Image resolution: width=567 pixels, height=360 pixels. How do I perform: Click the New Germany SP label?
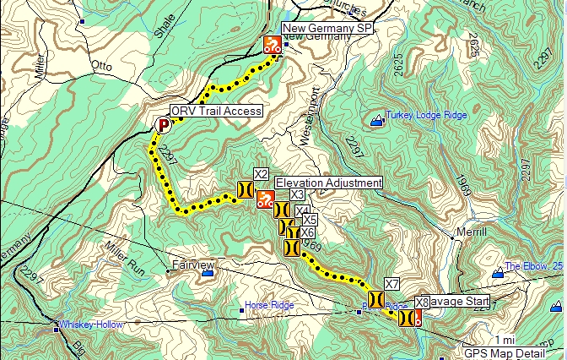[x=327, y=29]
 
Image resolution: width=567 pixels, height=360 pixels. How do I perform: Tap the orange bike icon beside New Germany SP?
[x=272, y=45]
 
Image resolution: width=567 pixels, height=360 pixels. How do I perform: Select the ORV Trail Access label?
[x=216, y=111]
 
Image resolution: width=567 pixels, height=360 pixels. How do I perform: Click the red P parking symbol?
[x=164, y=125]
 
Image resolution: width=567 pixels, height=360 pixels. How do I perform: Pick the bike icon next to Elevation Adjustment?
[x=265, y=200]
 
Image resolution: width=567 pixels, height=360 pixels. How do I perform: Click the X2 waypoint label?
[x=261, y=174]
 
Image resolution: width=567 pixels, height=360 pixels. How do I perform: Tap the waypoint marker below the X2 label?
[x=245, y=190]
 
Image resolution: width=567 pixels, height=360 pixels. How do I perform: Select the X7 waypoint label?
[x=391, y=283]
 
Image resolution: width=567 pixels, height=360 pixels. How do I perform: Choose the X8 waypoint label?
[x=423, y=301]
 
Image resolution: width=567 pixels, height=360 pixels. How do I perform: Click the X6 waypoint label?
[x=308, y=232]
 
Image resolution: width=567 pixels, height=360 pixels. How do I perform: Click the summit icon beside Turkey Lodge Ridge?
[x=376, y=122]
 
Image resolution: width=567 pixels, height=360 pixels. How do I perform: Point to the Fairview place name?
[x=188, y=264]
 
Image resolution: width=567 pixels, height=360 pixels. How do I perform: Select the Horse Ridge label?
[x=268, y=304]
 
